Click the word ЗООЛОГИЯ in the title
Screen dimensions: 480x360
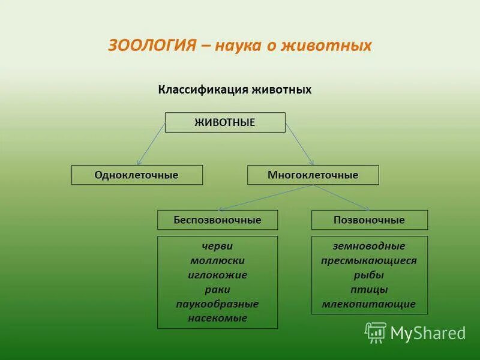pos(152,46)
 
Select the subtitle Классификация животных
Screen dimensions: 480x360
pos(235,89)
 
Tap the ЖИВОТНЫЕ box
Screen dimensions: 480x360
pos(225,122)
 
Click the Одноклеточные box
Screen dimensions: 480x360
pos(137,175)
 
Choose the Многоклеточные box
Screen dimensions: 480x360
pos(313,175)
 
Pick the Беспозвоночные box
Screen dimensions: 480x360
pos(218,220)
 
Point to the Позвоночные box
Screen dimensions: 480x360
pos(370,220)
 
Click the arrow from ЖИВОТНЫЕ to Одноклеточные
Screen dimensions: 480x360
pos(151,144)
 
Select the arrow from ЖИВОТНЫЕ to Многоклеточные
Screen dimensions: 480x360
pos(299,144)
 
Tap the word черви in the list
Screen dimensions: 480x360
pos(217,246)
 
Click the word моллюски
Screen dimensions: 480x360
pos(217,260)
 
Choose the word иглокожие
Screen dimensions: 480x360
pos(217,275)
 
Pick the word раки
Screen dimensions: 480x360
pos(217,289)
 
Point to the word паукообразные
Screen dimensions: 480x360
pos(217,304)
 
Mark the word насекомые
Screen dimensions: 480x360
pos(217,318)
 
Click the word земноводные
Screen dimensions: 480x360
pos(369,246)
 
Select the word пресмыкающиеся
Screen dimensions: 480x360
pos(369,260)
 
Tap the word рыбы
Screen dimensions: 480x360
pos(369,275)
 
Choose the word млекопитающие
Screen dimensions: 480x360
pos(369,304)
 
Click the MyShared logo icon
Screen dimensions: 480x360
pos(376,332)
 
